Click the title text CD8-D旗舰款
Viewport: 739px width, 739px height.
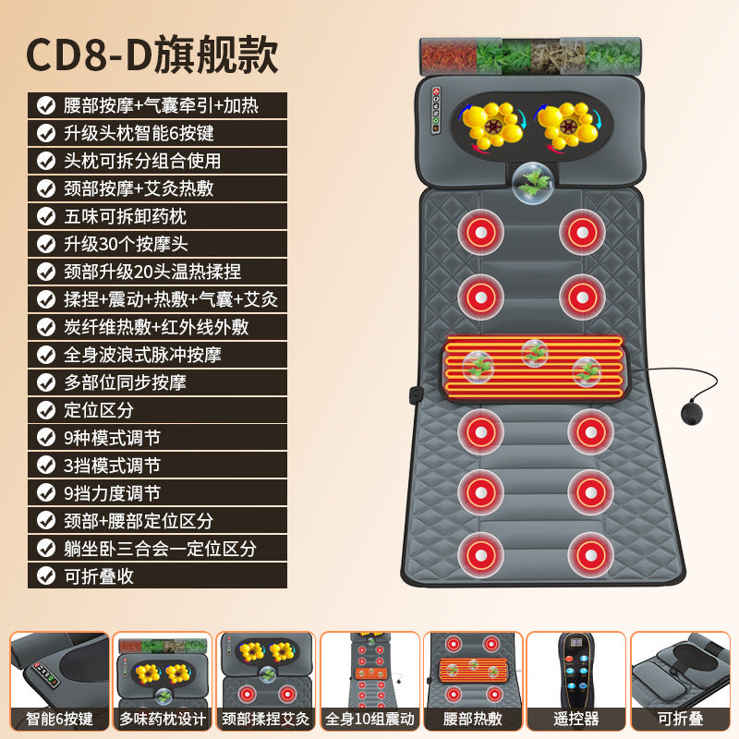(151, 55)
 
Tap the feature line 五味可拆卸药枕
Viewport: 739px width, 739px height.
(125, 216)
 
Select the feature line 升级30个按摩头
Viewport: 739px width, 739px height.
(126, 244)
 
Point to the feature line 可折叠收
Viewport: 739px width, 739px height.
(99, 576)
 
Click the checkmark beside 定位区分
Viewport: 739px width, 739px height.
(46, 410)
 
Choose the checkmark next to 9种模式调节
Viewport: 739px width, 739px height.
(46, 438)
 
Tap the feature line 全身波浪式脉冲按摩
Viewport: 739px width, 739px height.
(142, 355)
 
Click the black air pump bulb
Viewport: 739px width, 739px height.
(691, 413)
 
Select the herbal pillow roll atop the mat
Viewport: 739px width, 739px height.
(530, 56)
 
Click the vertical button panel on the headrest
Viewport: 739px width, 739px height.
(436, 110)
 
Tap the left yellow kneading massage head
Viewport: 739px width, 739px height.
(492, 125)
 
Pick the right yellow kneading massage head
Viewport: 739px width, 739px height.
(569, 125)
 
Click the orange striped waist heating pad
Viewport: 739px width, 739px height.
(535, 368)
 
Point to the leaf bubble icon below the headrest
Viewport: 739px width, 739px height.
(533, 183)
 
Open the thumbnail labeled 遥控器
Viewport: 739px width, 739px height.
(575, 681)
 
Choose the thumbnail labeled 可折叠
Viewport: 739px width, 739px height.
(680, 681)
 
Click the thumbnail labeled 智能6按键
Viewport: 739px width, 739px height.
(59, 681)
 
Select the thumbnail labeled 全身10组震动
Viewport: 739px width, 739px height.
(369, 681)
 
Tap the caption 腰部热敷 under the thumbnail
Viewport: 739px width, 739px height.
(473, 719)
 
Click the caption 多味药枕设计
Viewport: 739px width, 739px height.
(163, 719)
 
